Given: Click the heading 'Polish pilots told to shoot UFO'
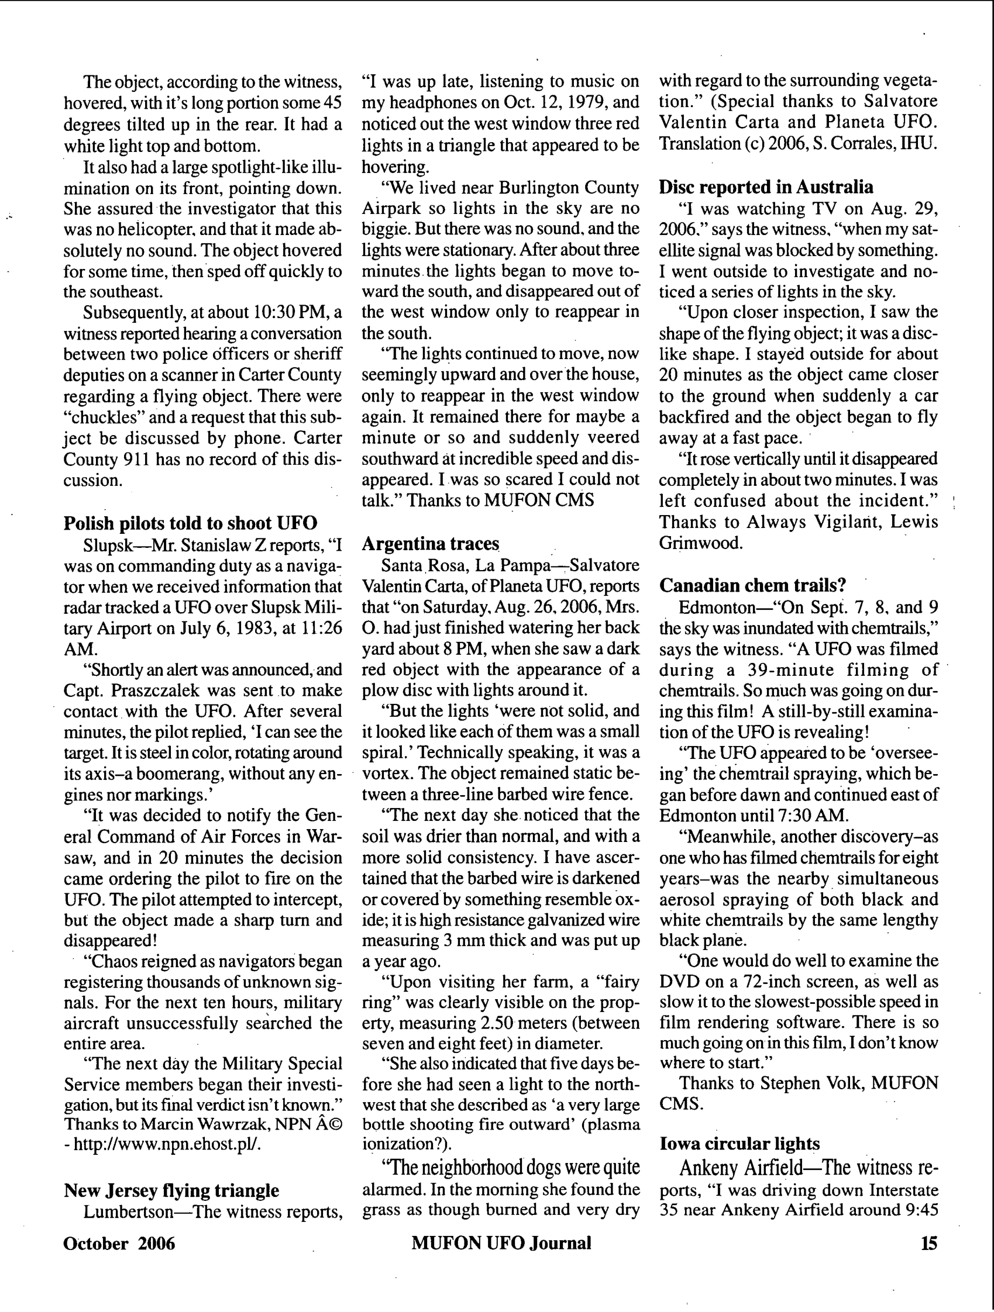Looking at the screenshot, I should click(x=190, y=523).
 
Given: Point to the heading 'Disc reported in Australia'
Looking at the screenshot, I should click(x=766, y=187).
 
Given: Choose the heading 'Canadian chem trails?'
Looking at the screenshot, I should click(x=752, y=585).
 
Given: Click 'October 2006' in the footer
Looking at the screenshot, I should click(x=119, y=1242).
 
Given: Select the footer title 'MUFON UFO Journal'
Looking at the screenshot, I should click(x=501, y=1242).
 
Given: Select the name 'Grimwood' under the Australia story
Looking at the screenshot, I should click(x=700, y=543).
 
